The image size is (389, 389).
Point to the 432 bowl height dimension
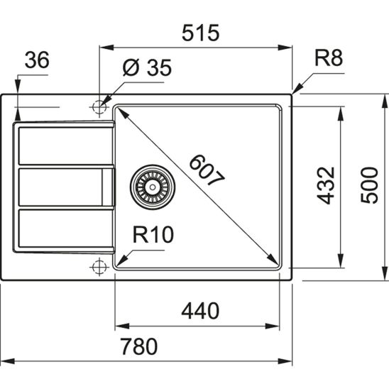pyautogui.click(x=325, y=186)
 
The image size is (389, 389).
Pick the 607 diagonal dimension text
pyautogui.click(x=203, y=171)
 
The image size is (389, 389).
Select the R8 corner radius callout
pyautogui.click(x=329, y=59)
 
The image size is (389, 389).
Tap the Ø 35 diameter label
pyautogui.click(x=146, y=67)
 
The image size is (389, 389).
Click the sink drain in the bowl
pyautogui.click(x=149, y=186)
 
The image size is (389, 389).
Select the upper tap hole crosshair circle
pyautogui.click(x=97, y=106)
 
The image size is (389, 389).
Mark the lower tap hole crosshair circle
pyautogui.click(x=97, y=266)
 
